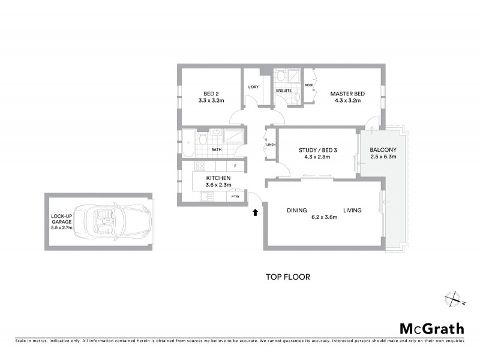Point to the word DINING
click(296, 211)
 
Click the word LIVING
click(352, 211)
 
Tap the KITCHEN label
click(218, 179)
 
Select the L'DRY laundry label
click(253, 88)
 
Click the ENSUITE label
click(284, 91)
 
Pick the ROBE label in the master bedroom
click(309, 85)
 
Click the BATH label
click(215, 150)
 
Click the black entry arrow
click(255, 212)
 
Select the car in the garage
click(117, 221)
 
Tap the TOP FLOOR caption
click(287, 277)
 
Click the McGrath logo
click(431, 328)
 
